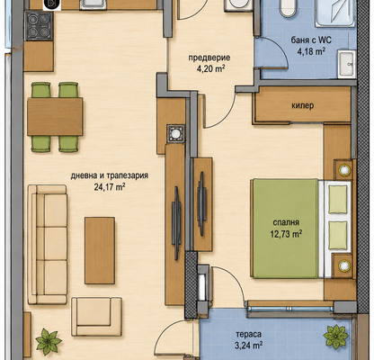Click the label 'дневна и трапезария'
coord(110,175)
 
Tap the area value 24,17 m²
coord(110,187)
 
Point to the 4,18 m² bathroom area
coord(311,51)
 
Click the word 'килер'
coord(302,105)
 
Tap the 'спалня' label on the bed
coord(286,222)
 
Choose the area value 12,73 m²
coord(286,234)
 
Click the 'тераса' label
coord(248,334)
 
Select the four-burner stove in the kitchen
coord(39,26)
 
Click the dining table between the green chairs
coord(55,116)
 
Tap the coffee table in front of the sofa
coord(100,250)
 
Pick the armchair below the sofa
coord(96,317)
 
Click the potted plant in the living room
coord(48,341)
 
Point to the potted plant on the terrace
coord(336,337)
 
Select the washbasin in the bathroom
coord(347,65)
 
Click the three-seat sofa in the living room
coord(48,245)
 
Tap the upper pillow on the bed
coord(338,199)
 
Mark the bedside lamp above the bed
coord(344,170)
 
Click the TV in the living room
coord(176,223)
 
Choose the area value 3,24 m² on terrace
coord(248,346)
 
